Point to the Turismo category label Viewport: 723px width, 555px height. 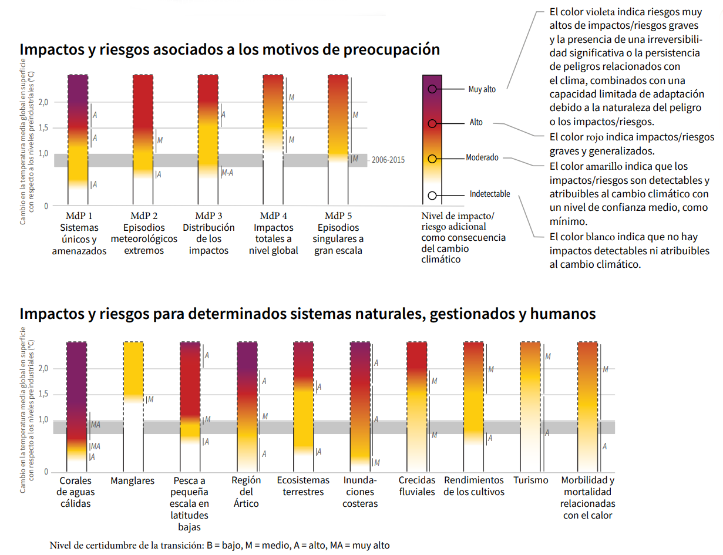click(530, 480)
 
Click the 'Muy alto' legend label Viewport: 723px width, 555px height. click(482, 89)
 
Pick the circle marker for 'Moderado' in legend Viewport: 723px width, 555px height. click(432, 159)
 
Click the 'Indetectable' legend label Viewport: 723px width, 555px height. click(489, 194)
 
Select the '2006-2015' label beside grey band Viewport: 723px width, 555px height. click(388, 160)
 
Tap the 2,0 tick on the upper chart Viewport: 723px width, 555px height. click(43, 102)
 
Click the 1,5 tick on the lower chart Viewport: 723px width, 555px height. click(43, 394)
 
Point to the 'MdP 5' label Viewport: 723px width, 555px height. click(338, 215)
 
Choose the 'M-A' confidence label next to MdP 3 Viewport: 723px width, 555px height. click(227, 173)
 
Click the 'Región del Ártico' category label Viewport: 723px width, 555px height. click(247, 492)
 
